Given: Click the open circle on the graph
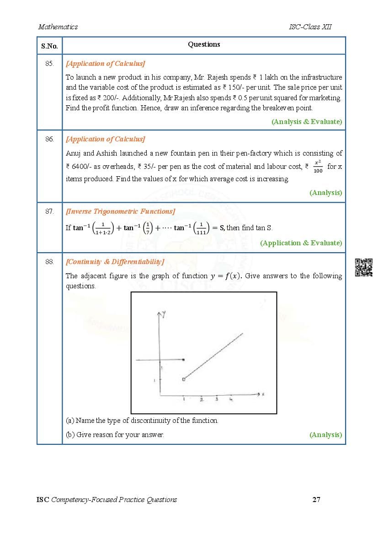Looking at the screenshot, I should tap(183, 379).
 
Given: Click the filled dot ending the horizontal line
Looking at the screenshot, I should tap(184, 360).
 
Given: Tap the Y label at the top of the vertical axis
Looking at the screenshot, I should tap(163, 313).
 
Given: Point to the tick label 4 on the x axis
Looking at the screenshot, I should tap(231, 400).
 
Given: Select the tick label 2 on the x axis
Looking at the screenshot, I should tap(201, 400).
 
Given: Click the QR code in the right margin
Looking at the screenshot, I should tap(364, 268).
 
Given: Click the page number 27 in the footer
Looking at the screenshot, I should tap(316, 499).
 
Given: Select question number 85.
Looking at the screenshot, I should tap(49, 64).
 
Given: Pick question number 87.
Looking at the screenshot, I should tap(49, 211).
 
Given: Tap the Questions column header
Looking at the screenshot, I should tap(204, 44).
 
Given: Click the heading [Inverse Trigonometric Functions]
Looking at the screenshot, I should tap(120, 211).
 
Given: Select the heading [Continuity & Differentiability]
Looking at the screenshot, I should tap(115, 262).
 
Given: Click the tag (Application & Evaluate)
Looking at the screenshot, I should tap(301, 243).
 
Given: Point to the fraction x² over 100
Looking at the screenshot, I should tap(318, 167).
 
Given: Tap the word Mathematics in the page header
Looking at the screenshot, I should tap(58, 27).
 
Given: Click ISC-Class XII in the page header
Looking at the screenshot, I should tap(310, 27).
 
